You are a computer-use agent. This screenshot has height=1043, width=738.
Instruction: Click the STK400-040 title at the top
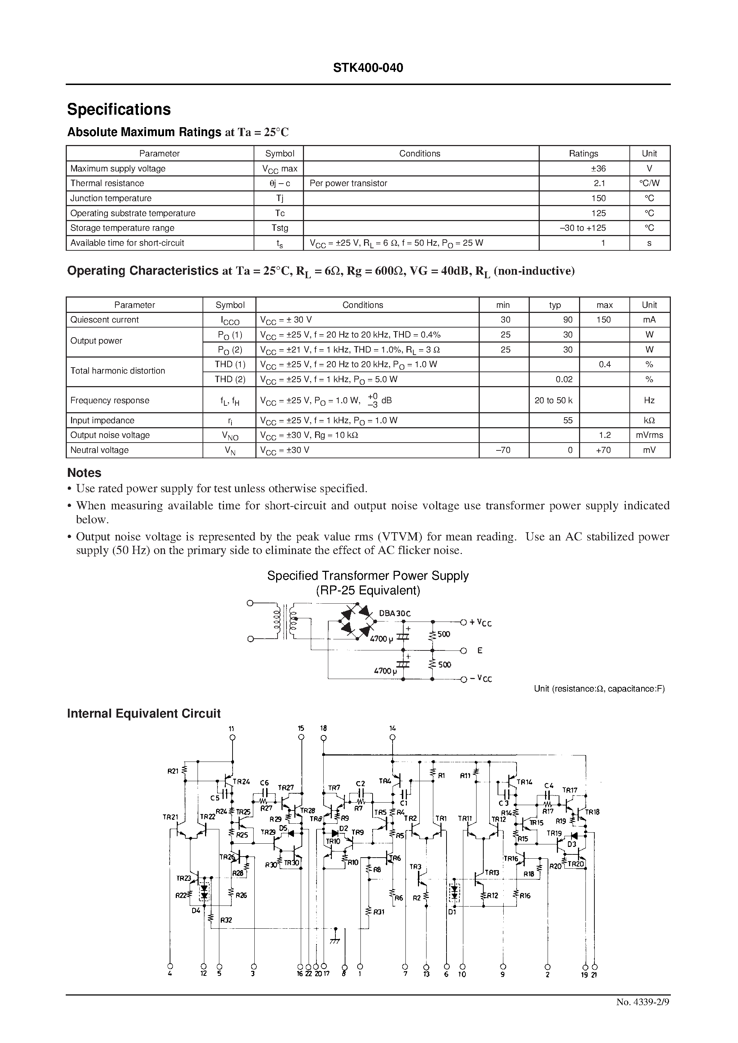pos(368,68)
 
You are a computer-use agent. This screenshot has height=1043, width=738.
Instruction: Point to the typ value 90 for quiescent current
pos(568,320)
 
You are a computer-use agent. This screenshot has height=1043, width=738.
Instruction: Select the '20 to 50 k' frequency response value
pos(554,400)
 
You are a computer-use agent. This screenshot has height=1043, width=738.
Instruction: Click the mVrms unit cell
pos(649,435)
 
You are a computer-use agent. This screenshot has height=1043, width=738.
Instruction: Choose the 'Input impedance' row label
pos(102,420)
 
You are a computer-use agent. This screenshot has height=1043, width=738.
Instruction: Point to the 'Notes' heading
pos(84,473)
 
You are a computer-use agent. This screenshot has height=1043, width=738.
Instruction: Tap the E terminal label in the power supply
pos(479,650)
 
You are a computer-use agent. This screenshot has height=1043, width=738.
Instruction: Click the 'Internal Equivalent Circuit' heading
pos(144,714)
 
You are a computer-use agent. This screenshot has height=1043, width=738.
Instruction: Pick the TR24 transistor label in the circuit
pos(241,782)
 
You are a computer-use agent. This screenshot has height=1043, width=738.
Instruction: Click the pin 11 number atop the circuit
pos(232,729)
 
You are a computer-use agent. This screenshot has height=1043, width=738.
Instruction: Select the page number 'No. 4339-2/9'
pos(643,1015)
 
